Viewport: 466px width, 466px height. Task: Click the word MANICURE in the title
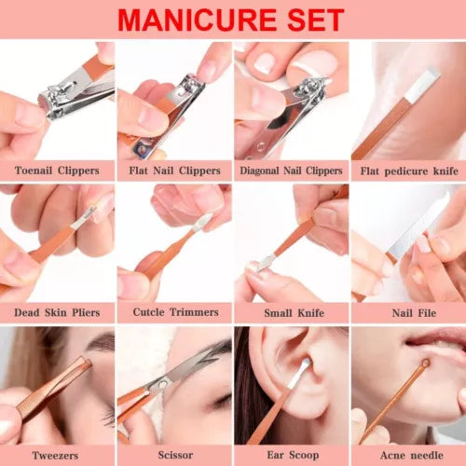tap(198, 21)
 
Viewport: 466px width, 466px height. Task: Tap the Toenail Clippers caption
tap(57, 171)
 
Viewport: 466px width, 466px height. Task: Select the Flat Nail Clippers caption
tap(174, 171)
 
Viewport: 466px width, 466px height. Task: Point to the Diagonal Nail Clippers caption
tap(291, 171)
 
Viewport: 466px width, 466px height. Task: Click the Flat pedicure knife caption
tap(409, 171)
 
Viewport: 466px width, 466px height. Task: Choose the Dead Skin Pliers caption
tap(57, 312)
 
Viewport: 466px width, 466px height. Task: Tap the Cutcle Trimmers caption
tap(176, 312)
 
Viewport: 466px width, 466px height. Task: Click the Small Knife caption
tap(295, 313)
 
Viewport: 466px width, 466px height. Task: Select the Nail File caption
tap(414, 313)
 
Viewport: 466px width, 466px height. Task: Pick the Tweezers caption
tap(55, 456)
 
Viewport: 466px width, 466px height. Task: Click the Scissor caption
tap(175, 455)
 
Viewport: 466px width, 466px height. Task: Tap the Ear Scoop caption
tap(293, 456)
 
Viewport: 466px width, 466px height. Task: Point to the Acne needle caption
tap(412, 456)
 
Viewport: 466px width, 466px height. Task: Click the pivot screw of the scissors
tap(162, 385)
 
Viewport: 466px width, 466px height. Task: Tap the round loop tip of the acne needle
tap(425, 363)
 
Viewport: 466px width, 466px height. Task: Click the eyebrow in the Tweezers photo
tap(101, 341)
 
